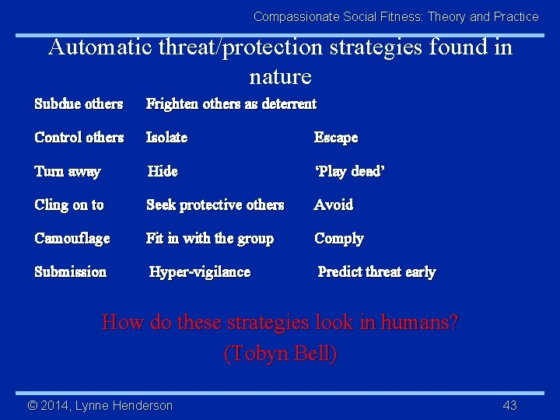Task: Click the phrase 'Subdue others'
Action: coord(79,103)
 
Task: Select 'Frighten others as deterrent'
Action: coord(231,103)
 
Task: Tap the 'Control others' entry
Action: coord(79,137)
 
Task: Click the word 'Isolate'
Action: coord(166,137)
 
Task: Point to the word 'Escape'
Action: coord(336,137)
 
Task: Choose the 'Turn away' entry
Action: coord(68,171)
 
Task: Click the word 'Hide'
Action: coord(163,171)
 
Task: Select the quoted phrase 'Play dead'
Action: coord(349,171)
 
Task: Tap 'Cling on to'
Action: coord(69,205)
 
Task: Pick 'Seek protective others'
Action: coord(215,205)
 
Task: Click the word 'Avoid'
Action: coord(334,205)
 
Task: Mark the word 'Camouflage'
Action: coord(72,238)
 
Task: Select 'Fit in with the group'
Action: coord(210,238)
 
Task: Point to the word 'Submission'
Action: coord(71,271)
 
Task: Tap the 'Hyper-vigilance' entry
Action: coord(200,271)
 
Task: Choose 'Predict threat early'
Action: coord(376,271)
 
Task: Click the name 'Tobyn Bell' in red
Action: coord(280,354)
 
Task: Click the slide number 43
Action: coord(509,405)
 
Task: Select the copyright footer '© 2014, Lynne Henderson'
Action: coord(100,405)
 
